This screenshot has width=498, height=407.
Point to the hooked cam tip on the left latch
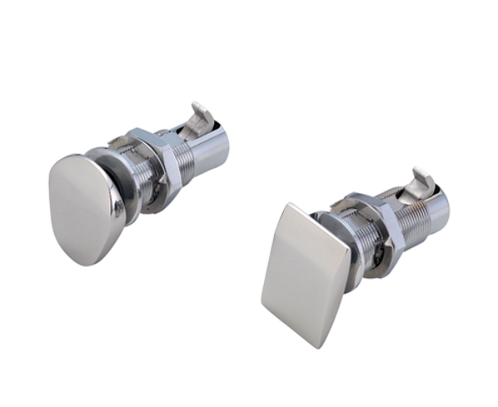pos(198,111)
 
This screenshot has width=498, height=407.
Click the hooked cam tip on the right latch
pos(422,177)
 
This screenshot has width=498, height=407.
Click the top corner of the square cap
pos(286,205)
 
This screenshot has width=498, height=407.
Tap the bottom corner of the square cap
pos(323,346)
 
